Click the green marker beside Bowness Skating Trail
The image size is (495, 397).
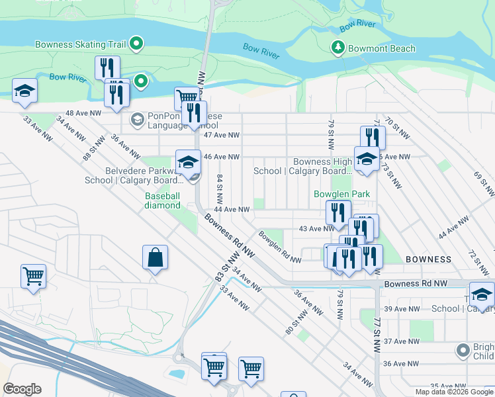pos(137,44)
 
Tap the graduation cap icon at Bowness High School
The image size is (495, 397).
pos(365,159)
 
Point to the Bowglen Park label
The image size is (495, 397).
pos(341,195)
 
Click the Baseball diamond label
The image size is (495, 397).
pos(163,200)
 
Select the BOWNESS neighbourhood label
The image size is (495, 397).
pos(428,259)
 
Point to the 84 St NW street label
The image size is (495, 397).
pos(219,189)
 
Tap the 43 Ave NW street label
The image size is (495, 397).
pos(316,229)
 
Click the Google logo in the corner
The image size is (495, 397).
pos(22,388)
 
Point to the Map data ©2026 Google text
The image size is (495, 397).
pos(453,392)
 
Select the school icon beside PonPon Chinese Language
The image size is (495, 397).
pos(138,120)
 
